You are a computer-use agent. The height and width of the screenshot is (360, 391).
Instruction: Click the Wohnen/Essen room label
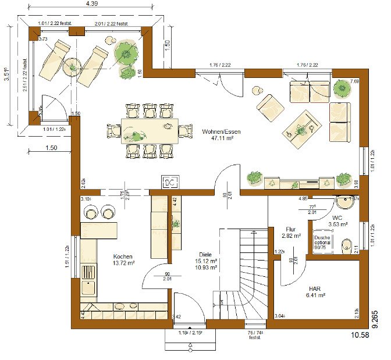point(221,131)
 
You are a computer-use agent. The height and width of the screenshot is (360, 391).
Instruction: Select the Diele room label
point(204,254)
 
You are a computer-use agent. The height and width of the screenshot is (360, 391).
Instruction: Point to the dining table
point(150,131)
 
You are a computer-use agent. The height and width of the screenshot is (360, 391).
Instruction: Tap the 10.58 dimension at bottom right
point(358,335)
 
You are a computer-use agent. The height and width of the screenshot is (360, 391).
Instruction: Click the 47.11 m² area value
point(221,140)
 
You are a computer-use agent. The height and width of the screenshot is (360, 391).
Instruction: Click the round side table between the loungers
point(72,66)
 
